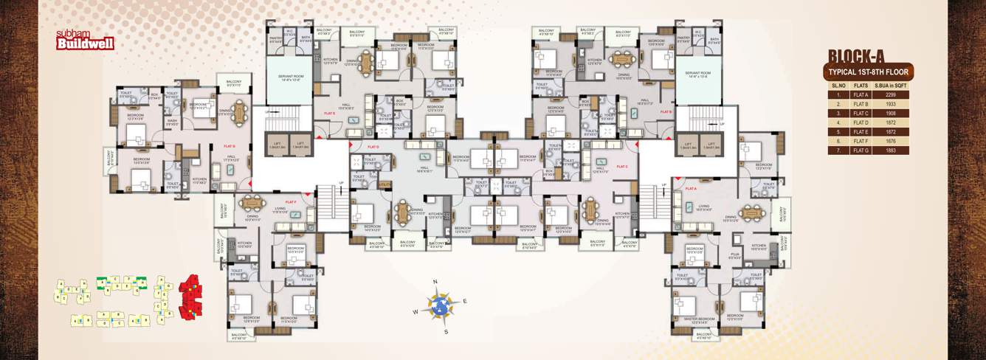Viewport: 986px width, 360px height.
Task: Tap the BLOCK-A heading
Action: (x=866, y=57)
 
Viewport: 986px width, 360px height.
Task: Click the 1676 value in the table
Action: (x=891, y=141)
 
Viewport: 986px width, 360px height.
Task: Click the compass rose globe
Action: (x=441, y=305)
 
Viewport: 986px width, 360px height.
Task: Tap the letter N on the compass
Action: (x=435, y=282)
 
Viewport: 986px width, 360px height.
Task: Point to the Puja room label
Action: (x=735, y=255)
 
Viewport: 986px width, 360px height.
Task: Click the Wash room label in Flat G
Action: (x=171, y=122)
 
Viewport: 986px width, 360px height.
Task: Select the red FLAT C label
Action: (x=621, y=167)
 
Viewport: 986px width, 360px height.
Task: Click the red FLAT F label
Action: (x=289, y=201)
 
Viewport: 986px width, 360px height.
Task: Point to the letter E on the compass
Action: (x=465, y=300)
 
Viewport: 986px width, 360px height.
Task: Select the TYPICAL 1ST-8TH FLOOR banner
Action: (x=868, y=72)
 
